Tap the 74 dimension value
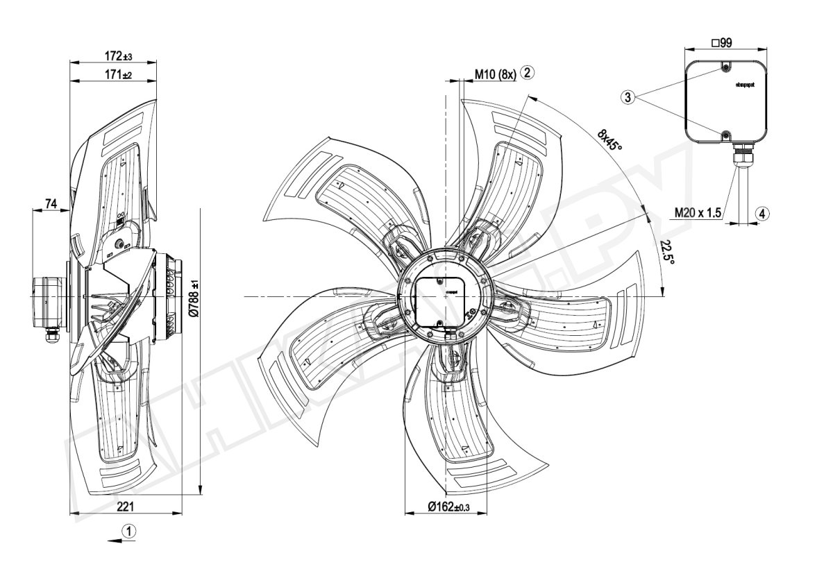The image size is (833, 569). pyautogui.click(x=51, y=203)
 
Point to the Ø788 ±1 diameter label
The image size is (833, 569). pyautogui.click(x=194, y=298)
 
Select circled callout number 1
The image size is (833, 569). pyautogui.click(x=129, y=530)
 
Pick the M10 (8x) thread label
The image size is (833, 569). pyautogui.click(x=495, y=75)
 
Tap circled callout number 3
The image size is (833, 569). pyautogui.click(x=628, y=98)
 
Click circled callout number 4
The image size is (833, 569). pyautogui.click(x=762, y=214)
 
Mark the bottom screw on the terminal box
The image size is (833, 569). pyautogui.click(x=725, y=135)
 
